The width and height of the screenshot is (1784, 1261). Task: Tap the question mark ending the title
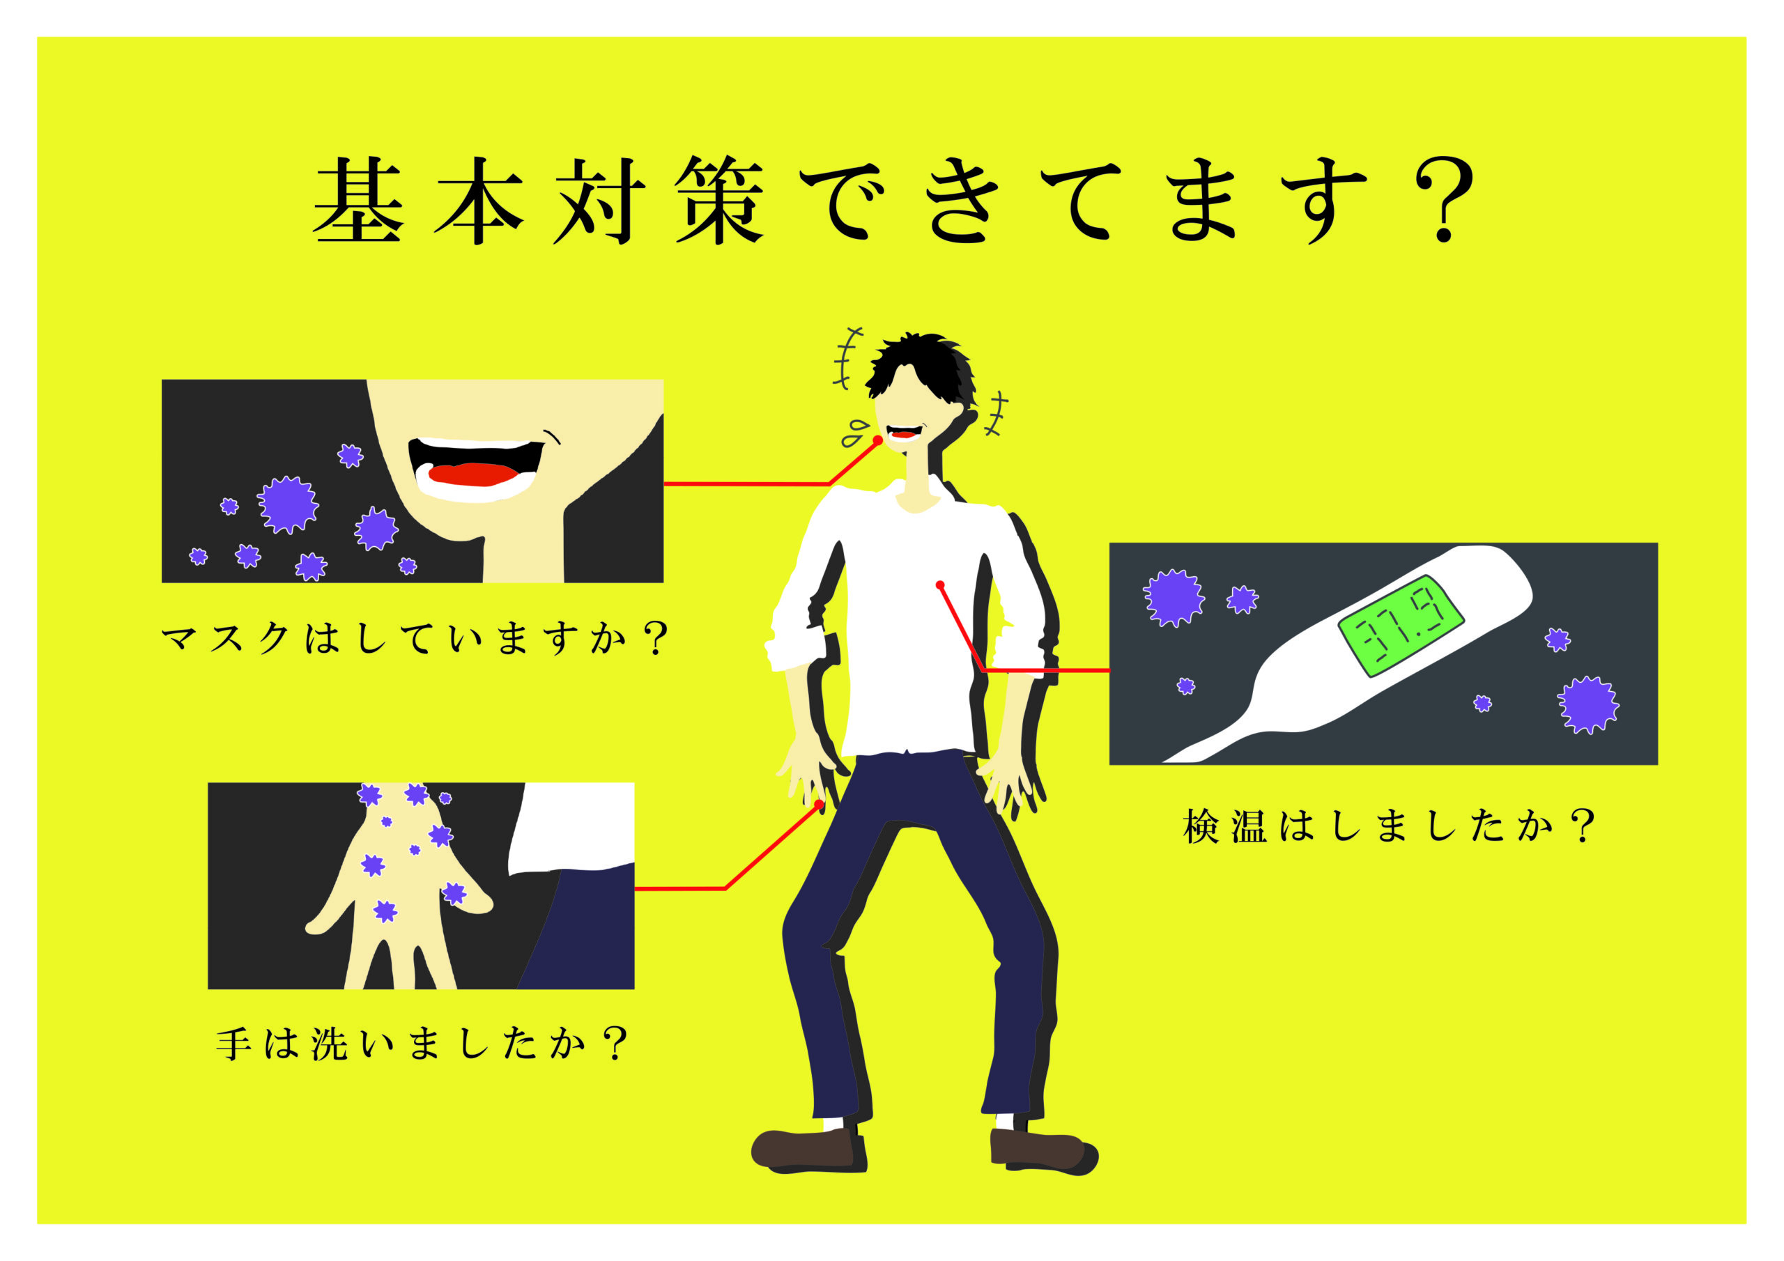(1443, 200)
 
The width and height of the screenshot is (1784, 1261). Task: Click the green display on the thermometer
(1399, 626)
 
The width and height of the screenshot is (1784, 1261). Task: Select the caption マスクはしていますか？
(414, 639)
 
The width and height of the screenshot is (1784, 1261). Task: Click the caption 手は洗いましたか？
(420, 1044)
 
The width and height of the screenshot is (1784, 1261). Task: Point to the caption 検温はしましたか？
(1387, 825)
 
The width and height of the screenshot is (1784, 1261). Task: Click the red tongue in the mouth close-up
(473, 473)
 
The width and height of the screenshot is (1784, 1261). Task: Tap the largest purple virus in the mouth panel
(289, 504)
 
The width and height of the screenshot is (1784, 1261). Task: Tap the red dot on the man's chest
(940, 585)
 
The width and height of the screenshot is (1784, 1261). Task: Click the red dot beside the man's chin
(878, 440)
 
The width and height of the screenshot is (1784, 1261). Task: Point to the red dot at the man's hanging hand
(818, 804)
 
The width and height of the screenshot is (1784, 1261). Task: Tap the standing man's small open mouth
(904, 432)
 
